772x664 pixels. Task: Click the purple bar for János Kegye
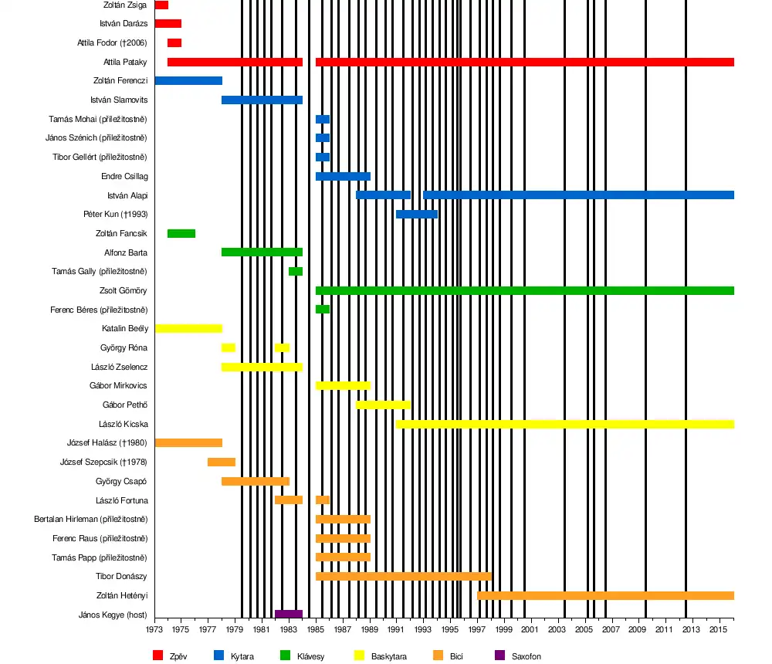(289, 615)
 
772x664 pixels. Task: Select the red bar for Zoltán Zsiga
(161, 5)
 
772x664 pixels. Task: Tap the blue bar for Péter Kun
(417, 214)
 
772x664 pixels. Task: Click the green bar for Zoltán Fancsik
(181, 233)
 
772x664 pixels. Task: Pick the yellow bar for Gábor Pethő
(383, 405)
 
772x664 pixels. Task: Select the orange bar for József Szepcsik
(222, 462)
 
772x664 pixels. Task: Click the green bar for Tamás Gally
(296, 271)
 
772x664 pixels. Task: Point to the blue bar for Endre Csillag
(343, 176)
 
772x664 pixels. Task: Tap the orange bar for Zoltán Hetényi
(605, 595)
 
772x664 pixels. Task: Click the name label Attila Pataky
(125, 62)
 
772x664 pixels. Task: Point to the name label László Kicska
(124, 424)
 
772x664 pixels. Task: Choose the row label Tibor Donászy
(121, 576)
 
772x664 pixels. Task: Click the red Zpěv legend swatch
(158, 656)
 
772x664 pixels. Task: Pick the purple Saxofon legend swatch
(499, 656)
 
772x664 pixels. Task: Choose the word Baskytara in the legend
(388, 656)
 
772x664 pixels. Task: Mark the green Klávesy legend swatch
(285, 656)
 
